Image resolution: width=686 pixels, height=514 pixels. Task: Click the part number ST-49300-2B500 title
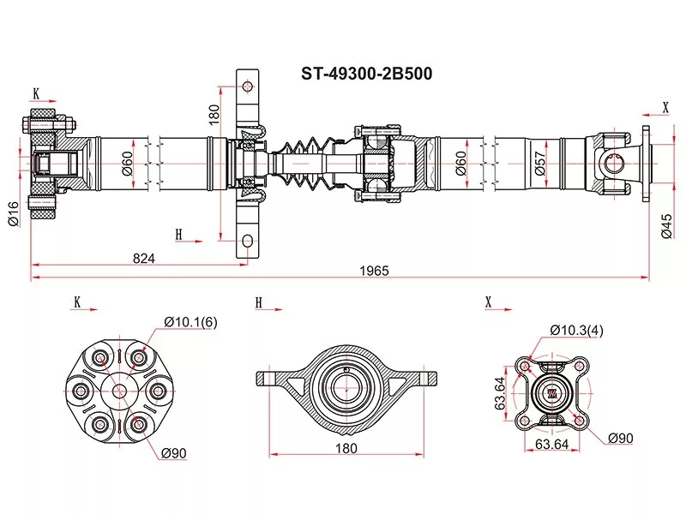tap(366, 74)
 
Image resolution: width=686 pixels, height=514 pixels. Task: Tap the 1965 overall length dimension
tap(374, 271)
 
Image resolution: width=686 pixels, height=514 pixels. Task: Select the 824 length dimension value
tap(143, 259)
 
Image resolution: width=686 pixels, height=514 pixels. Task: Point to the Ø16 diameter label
tap(14, 214)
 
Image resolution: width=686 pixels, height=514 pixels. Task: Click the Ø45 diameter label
tap(666, 226)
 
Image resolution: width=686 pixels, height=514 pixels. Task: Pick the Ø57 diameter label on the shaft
tap(540, 163)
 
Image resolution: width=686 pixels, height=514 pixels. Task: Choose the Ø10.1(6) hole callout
tap(190, 322)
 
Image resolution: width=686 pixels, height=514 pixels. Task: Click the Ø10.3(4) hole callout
tap(576, 330)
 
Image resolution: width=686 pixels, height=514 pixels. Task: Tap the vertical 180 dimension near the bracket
tap(214, 115)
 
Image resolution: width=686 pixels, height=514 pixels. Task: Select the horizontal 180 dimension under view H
tap(346, 448)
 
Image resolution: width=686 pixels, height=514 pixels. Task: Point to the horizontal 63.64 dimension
tap(551, 444)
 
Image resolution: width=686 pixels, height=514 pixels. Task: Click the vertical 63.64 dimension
tap(500, 394)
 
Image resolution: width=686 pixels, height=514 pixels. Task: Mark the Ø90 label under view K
tap(174, 453)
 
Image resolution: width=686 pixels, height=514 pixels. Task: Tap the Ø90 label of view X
tap(620, 438)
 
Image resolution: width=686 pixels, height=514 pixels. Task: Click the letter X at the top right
tap(666, 107)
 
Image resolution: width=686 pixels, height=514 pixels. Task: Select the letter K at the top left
tap(36, 93)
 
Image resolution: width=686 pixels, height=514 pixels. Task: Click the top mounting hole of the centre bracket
tap(248, 87)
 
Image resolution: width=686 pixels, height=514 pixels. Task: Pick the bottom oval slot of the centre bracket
tap(248, 241)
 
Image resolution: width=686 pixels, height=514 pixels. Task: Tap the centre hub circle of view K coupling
tap(118, 391)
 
